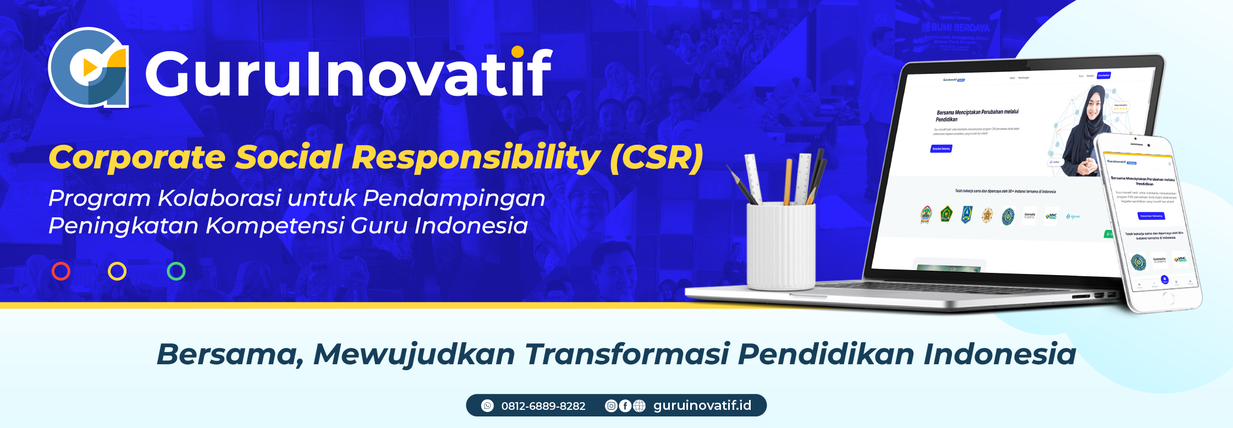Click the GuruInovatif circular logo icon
(88, 67)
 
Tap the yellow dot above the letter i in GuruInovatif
(518, 52)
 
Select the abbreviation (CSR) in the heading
(656, 157)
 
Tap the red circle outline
(61, 271)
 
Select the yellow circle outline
(117, 271)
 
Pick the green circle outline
(176, 271)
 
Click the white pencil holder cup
(780, 245)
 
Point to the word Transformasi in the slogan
(626, 354)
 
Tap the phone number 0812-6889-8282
(543, 406)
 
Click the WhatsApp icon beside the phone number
(487, 405)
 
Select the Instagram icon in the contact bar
(611, 405)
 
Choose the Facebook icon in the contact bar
(625, 405)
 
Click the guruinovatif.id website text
(702, 405)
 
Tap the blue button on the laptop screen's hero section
(941, 149)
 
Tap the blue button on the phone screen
(1151, 216)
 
